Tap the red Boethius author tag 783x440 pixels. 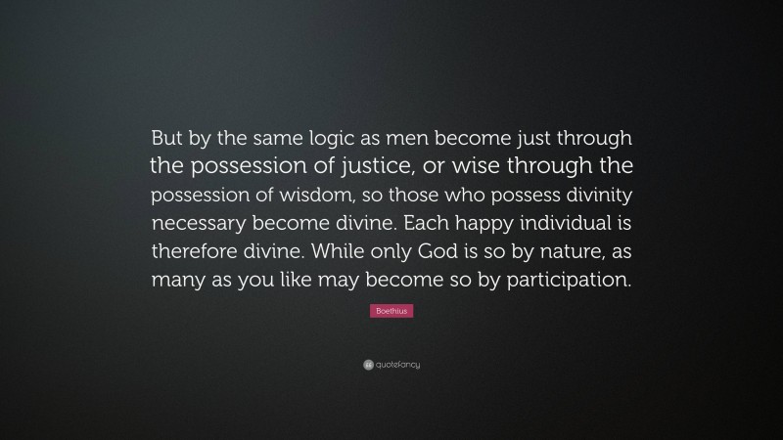click(391, 310)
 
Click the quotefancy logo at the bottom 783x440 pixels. click(391, 365)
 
